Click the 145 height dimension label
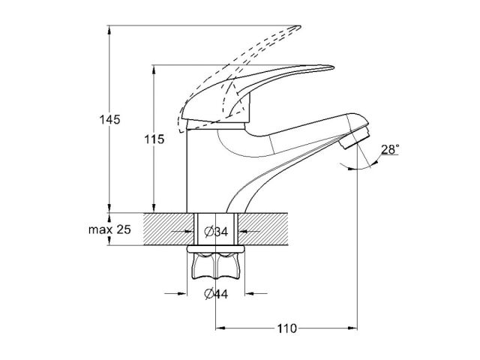tap(109, 119)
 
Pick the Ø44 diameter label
tap(216, 293)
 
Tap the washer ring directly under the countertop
tap(216, 247)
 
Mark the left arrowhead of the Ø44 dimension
tap(181, 293)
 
